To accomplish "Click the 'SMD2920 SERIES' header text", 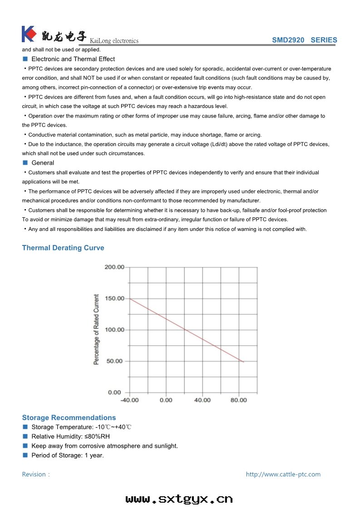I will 304,40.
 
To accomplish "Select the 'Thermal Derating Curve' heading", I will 63,248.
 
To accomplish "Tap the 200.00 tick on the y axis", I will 114,267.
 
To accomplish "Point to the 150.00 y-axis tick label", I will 114,298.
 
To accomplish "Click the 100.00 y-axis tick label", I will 114,329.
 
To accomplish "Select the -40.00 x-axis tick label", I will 129,400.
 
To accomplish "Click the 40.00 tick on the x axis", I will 202,400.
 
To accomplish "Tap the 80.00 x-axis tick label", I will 239,400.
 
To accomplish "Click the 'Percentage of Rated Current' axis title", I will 96,329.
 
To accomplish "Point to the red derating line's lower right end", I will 244,362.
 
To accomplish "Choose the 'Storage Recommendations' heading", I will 69,417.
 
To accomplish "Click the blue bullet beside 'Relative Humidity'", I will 25,436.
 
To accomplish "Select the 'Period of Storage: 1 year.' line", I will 68,455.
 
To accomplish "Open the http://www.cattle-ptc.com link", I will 283,474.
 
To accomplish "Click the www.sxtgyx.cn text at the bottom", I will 179,499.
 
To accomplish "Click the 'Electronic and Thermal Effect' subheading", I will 73,59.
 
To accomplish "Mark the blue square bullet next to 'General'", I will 25,162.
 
